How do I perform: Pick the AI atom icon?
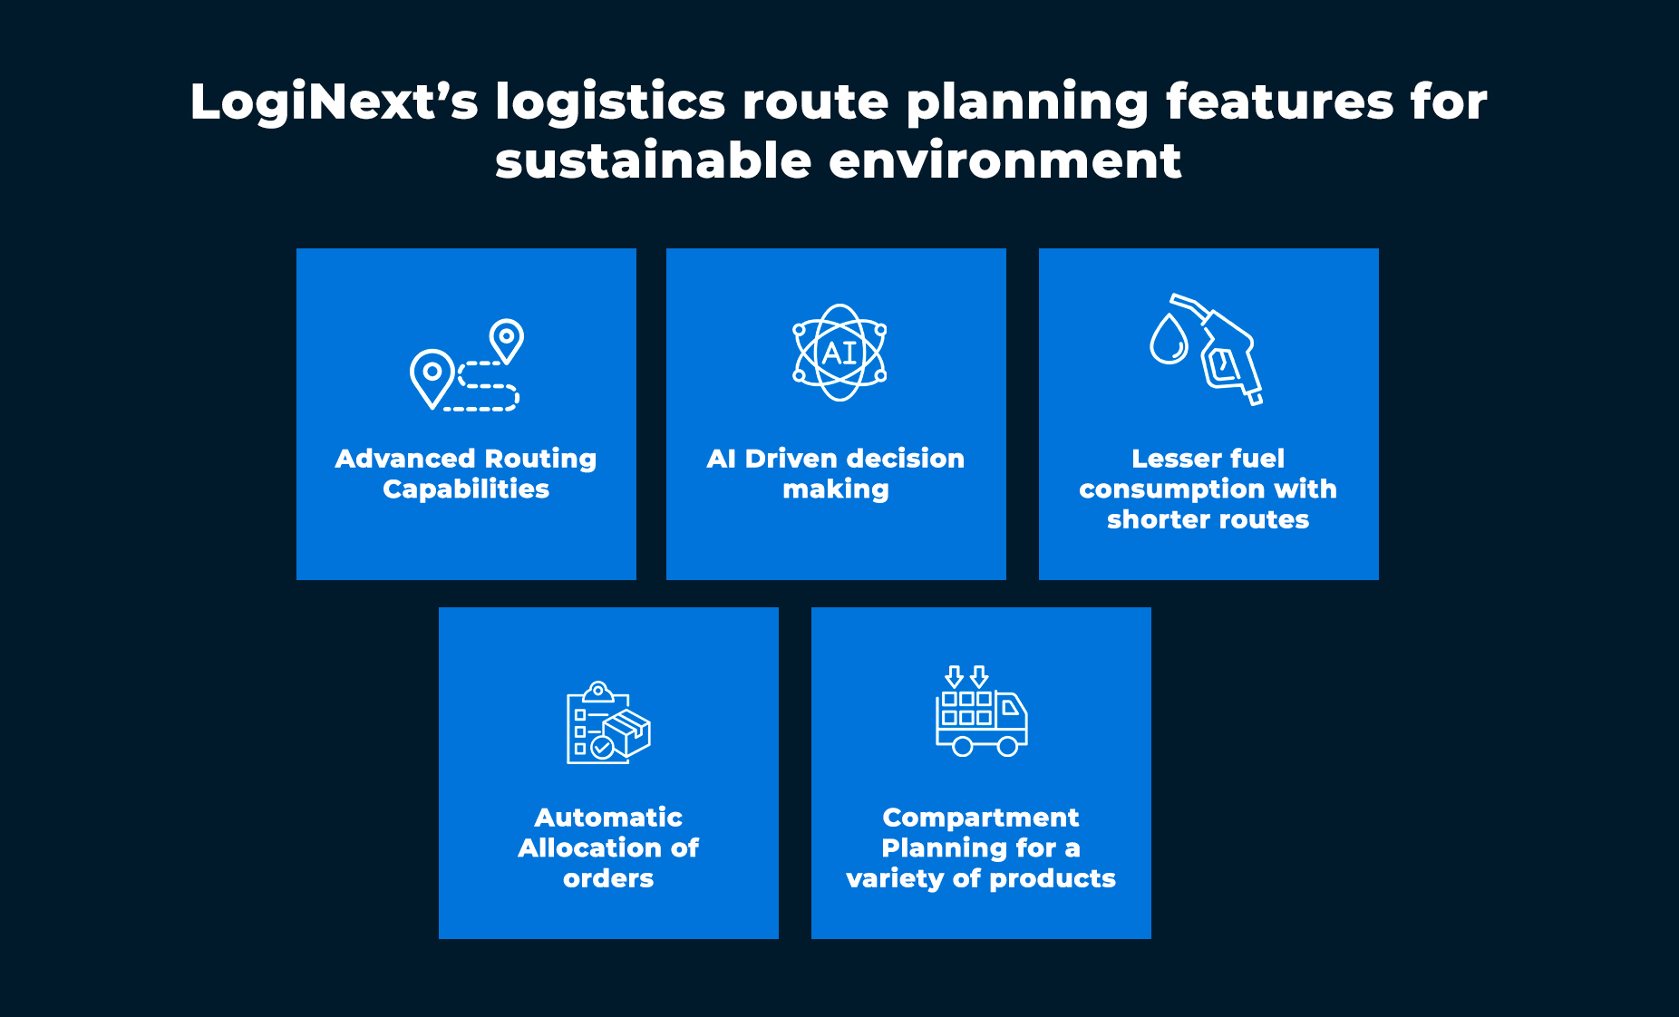(839, 353)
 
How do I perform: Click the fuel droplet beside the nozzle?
(1169, 339)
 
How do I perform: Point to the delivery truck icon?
(982, 712)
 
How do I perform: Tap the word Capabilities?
(466, 489)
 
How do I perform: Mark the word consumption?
(1170, 489)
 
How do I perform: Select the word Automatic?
(608, 818)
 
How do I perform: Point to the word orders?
(608, 879)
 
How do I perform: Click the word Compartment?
(981, 818)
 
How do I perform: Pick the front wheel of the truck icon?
(1007, 746)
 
